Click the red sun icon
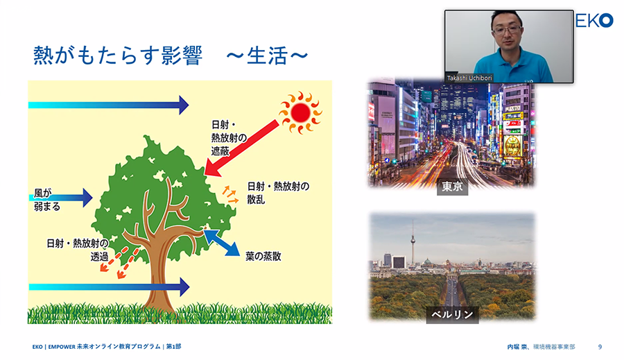tap(300, 112)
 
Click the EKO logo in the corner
tap(594, 20)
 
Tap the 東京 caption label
tap(453, 187)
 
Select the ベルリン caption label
tap(453, 314)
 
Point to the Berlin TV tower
tap(413, 243)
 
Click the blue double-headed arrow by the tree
tap(222, 243)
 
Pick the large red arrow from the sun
tap(241, 148)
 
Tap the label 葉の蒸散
tap(263, 256)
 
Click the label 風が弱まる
tap(47, 200)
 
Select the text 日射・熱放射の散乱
tap(278, 193)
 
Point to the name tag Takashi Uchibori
tap(469, 78)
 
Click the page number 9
tap(600, 347)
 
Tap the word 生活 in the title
tap(267, 55)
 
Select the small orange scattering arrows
tap(230, 194)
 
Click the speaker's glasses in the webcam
tap(506, 30)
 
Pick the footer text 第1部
tap(173, 346)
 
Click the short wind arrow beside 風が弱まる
tap(61, 198)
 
